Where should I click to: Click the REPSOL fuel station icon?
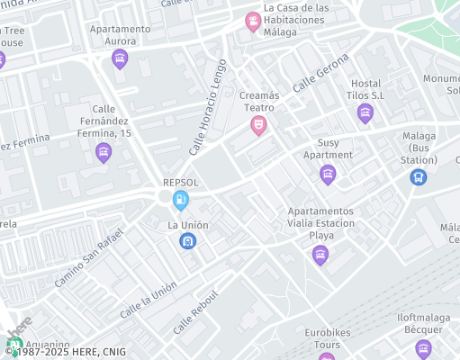pos(181,198)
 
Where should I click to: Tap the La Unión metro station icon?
pos(187,240)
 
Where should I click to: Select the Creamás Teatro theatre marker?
pos(258,125)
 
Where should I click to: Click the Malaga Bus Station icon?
pos(418,177)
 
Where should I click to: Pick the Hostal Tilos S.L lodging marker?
pos(365,112)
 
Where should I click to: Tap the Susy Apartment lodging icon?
pos(328,174)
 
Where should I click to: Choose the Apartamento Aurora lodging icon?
pos(120,59)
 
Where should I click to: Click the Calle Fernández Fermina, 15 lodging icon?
pos(104,153)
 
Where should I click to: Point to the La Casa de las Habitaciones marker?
pos(253,20)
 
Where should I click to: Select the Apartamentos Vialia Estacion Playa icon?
pos(320,256)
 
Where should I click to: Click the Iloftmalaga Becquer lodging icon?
pos(423,348)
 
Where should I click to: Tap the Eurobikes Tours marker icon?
pos(326,356)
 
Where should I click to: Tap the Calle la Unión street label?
pos(148,300)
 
